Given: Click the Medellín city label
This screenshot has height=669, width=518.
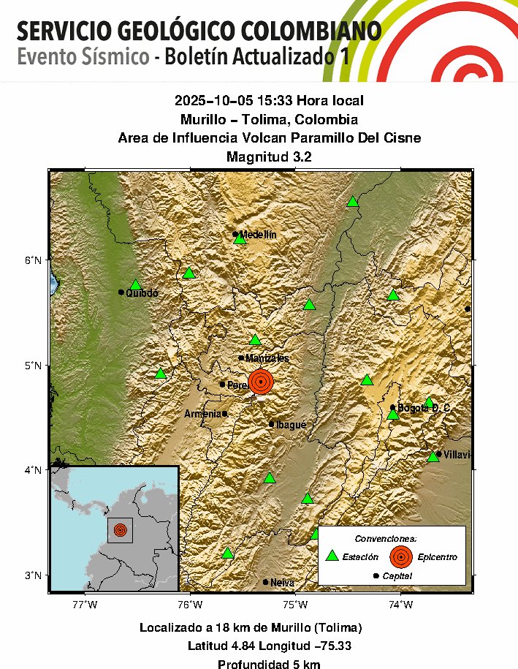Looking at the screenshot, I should pyautogui.click(x=259, y=234).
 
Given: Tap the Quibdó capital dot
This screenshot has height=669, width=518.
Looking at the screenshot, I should pyautogui.click(x=121, y=292).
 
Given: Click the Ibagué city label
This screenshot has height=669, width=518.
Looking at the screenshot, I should pyautogui.click(x=291, y=424).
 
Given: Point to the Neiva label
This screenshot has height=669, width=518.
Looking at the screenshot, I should pyautogui.click(x=282, y=583).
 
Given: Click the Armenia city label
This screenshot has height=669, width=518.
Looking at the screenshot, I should pyautogui.click(x=202, y=414).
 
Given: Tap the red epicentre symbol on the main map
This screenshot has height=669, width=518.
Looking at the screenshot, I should pyautogui.click(x=261, y=382).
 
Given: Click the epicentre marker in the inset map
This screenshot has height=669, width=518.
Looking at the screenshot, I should pyautogui.click(x=121, y=529).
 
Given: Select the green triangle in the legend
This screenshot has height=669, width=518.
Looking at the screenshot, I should pyautogui.click(x=332, y=556).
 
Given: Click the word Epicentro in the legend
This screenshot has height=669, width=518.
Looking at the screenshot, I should pyautogui.click(x=438, y=557).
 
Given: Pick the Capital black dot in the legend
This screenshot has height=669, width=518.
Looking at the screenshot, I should pyautogui.click(x=376, y=576).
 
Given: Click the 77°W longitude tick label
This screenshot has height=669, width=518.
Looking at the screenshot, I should pyautogui.click(x=85, y=604).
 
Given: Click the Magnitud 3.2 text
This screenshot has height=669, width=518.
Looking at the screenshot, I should pyautogui.click(x=269, y=156).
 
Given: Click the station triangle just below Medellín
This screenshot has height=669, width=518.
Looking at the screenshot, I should pyautogui.click(x=239, y=239).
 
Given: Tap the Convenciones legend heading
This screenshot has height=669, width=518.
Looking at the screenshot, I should pyautogui.click(x=392, y=538).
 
